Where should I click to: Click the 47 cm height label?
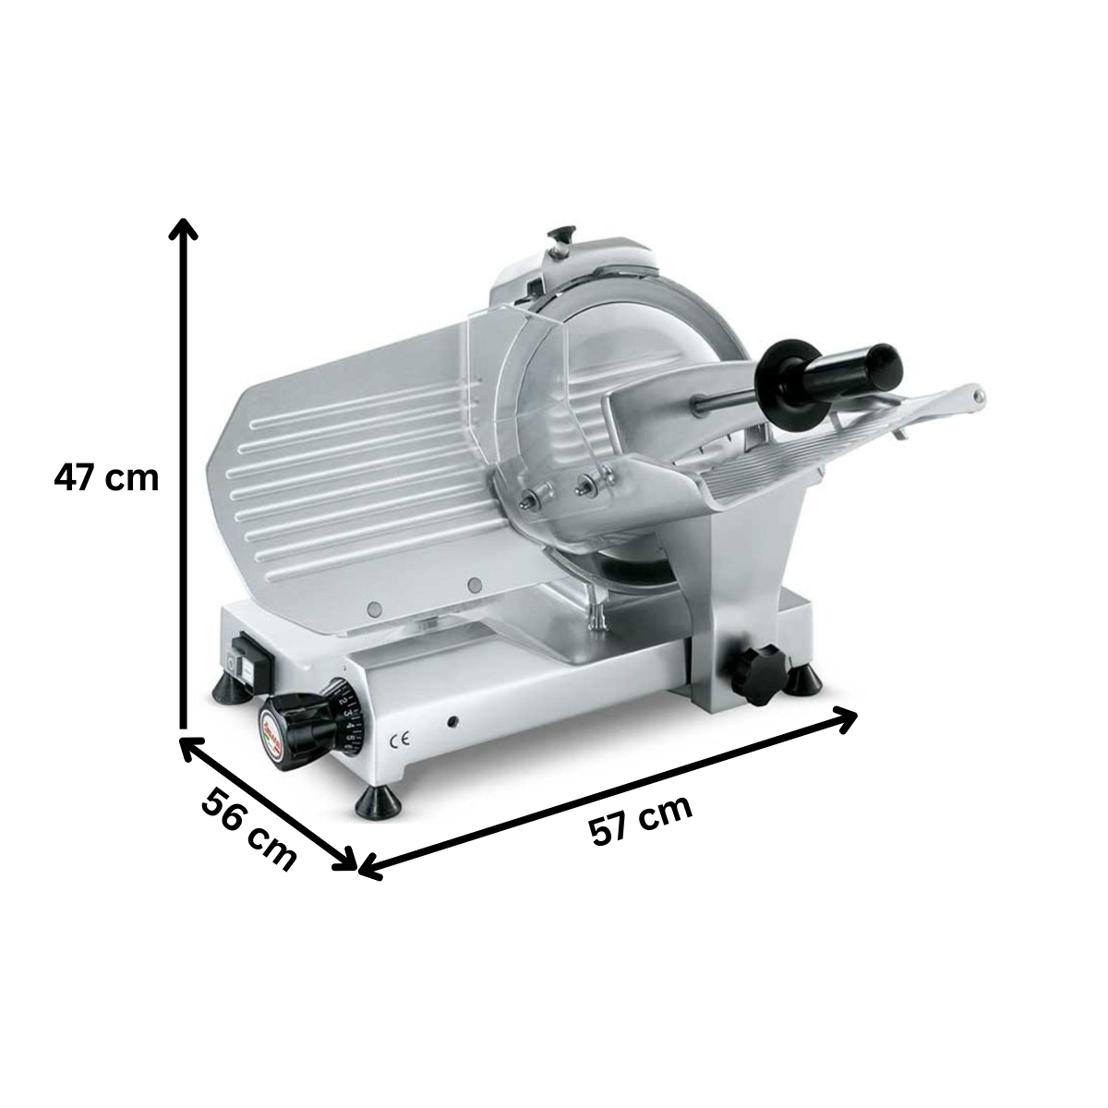click(x=107, y=478)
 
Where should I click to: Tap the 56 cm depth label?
click(x=248, y=829)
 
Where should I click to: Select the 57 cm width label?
click(x=641, y=820)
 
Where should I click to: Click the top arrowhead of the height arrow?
click(x=185, y=227)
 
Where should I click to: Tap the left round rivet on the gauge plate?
click(x=374, y=608)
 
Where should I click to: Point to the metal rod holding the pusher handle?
click(x=726, y=399)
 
